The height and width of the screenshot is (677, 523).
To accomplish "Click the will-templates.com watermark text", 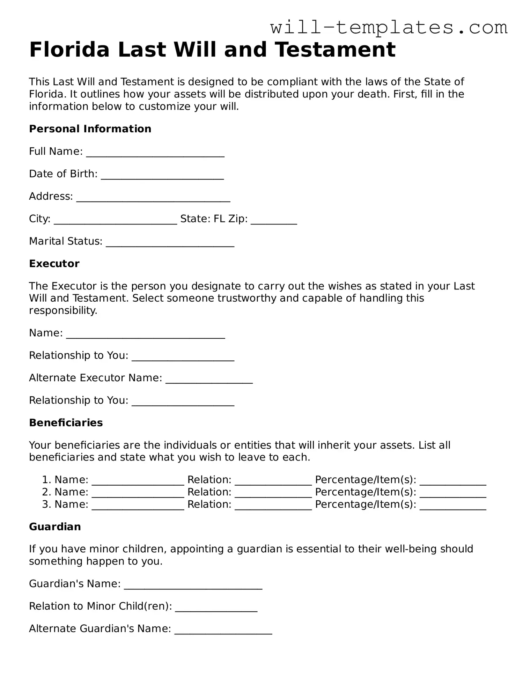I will pos(388,27).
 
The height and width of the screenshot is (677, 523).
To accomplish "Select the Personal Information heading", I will pos(90,129).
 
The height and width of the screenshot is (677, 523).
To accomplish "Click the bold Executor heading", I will pos(54,264).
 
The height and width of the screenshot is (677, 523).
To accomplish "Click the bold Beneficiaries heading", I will pos(66,423).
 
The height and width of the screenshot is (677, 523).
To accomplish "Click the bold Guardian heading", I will pos(55,527).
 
